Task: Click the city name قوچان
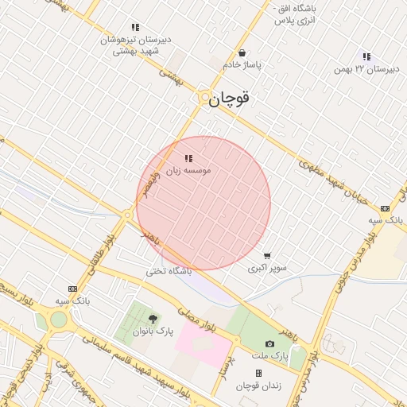tap(229, 100)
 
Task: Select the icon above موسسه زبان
tap(188, 158)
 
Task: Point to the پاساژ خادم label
tap(242, 65)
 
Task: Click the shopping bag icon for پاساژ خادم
tap(242, 53)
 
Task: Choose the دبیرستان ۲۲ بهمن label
tap(366, 68)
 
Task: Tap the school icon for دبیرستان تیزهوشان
tap(136, 27)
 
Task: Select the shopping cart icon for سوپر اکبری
tap(267, 256)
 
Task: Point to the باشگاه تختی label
tap(169, 271)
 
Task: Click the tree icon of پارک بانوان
tap(153, 318)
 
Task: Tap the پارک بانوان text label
tap(153, 330)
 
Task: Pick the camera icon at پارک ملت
tap(270, 343)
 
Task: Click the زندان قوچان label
tap(258, 386)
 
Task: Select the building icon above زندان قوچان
tap(258, 373)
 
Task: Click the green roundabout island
tap(58, 320)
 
